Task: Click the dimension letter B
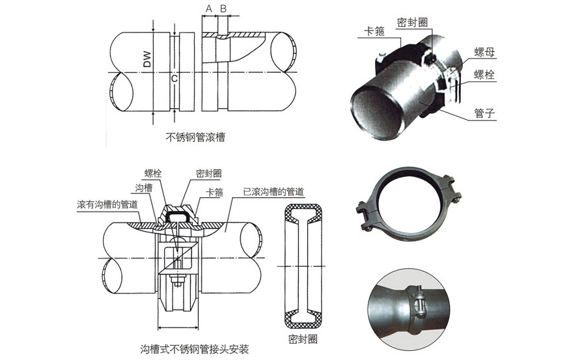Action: tap(223, 8)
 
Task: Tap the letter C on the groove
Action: tap(174, 79)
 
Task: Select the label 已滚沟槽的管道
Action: tap(273, 192)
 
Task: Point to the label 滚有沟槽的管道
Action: tap(107, 204)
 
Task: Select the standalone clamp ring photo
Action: tap(408, 201)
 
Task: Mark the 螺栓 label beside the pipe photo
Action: tap(484, 75)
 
